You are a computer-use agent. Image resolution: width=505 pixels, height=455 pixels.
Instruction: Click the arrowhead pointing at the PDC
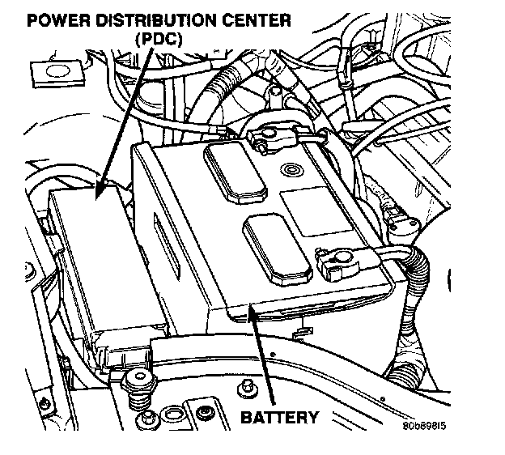100,192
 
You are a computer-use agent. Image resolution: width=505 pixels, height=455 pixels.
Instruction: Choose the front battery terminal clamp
332,259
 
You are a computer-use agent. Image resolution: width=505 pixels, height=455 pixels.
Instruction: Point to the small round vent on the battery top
289,171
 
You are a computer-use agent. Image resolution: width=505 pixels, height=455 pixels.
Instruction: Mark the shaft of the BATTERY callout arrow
264,356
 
